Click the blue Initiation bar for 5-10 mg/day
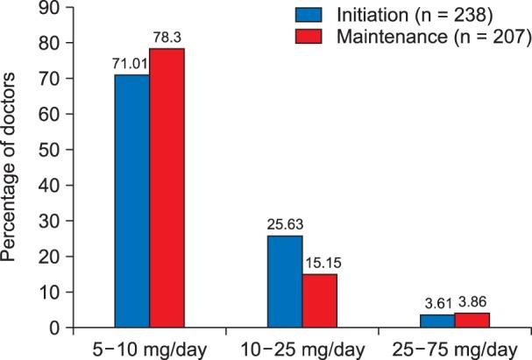131,201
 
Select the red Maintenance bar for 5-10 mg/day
167,188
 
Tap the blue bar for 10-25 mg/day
284,281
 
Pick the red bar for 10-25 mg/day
319,300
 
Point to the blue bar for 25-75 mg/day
436,321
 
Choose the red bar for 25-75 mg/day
472,321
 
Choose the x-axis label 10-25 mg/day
301,348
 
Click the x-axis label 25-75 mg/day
454,348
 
